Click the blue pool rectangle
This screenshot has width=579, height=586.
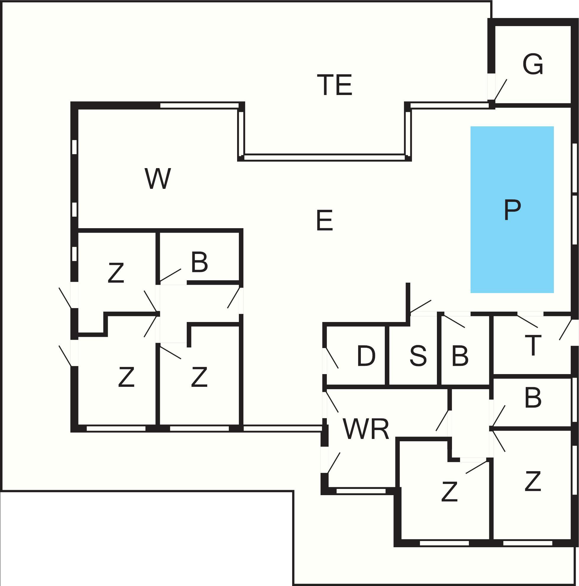[512, 210]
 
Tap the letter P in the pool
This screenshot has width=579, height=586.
[512, 210]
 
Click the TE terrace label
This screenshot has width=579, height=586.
[334, 85]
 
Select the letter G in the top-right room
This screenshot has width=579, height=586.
[533, 64]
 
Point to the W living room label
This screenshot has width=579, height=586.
[158, 178]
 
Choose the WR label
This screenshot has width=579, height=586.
[366, 429]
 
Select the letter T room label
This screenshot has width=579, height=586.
[533, 345]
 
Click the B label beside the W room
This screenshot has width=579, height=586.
[199, 262]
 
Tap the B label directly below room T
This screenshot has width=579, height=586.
[533, 397]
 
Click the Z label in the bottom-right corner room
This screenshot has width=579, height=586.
[533, 481]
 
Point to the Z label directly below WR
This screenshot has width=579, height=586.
[449, 491]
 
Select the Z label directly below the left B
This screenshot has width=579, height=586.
[199, 377]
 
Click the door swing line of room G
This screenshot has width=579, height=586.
[500, 90]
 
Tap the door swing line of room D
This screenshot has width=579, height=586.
[332, 358]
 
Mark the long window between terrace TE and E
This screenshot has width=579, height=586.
[324, 157]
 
